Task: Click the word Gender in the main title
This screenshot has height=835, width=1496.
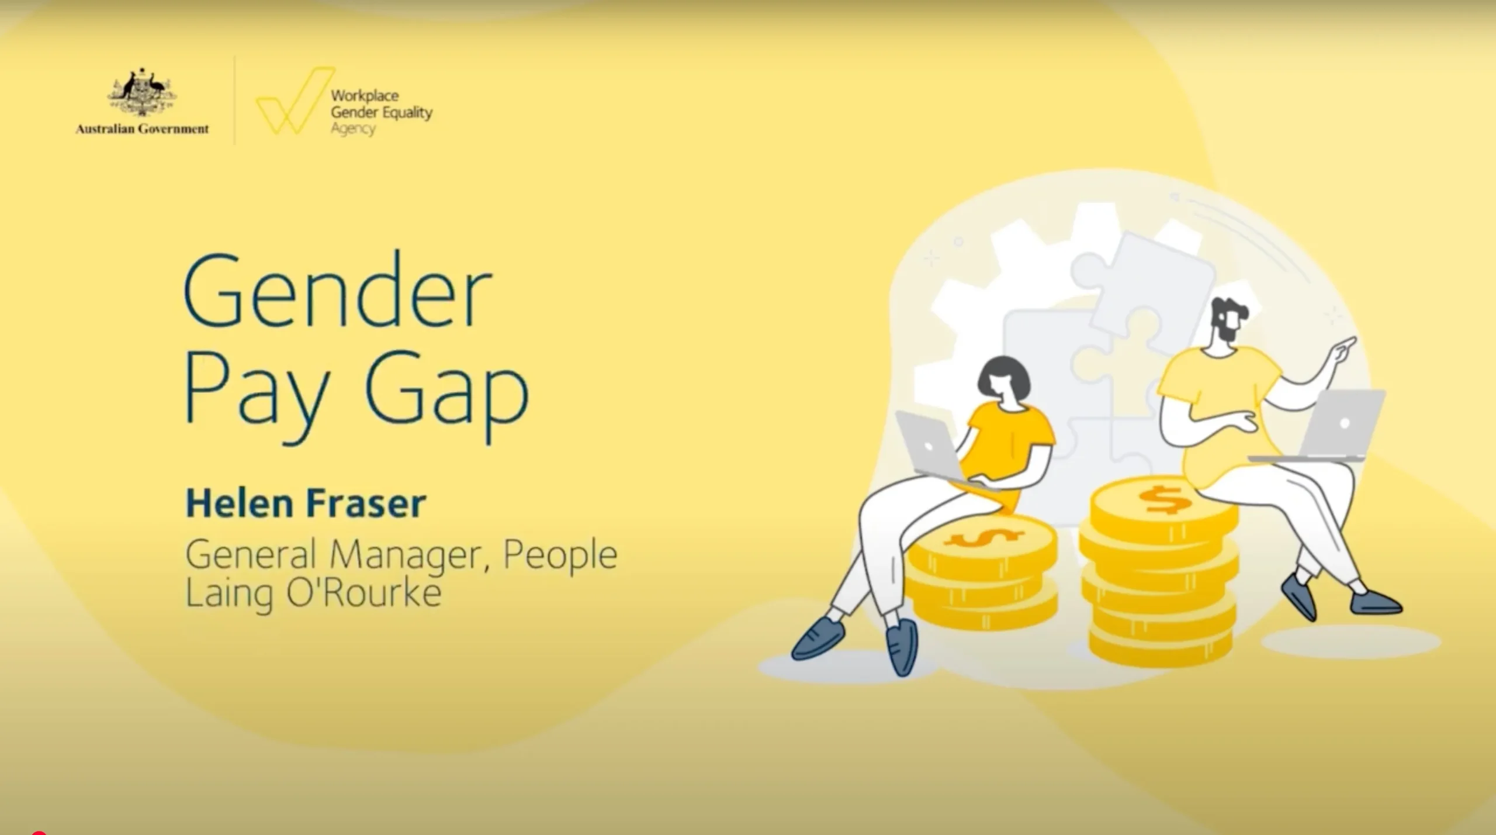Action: point(338,289)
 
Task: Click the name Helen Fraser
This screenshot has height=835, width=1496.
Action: point(306,504)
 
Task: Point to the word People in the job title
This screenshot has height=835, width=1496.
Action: point(560,556)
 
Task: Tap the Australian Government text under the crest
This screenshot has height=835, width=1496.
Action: point(142,129)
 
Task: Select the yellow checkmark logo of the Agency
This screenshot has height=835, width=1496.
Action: point(295,101)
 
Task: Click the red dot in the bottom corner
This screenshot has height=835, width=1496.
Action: point(39,832)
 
